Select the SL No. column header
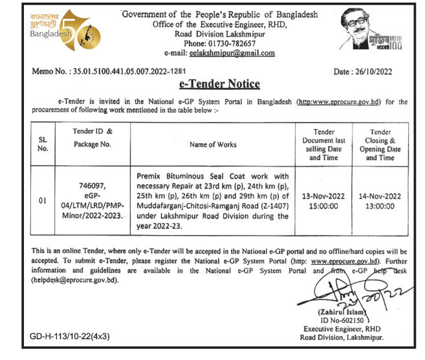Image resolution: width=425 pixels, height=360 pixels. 41,144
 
